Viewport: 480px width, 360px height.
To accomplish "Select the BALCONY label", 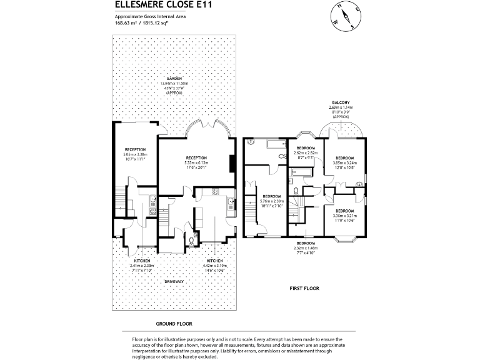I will pos(341,102).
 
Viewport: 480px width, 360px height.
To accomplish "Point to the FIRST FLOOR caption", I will pos(304,288).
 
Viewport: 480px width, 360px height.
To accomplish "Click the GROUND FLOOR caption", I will pos(174,324).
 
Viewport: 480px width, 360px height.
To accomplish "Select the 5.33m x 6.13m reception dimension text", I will pos(196,162).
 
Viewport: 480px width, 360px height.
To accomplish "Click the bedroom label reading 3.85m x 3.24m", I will pos(345,162).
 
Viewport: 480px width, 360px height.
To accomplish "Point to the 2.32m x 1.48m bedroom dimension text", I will pos(305,247).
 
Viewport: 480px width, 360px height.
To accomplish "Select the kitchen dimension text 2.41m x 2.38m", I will pos(142,265).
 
